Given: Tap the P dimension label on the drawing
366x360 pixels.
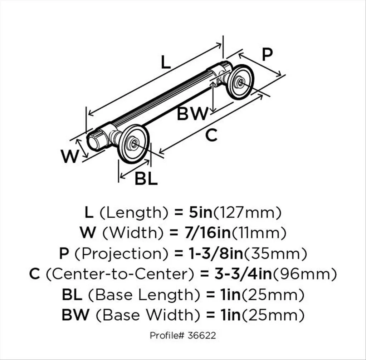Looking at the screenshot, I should click(267, 54).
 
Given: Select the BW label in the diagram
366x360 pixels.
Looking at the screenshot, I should click(192, 114).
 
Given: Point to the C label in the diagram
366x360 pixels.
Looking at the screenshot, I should click(211, 135).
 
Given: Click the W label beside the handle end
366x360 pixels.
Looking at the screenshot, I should click(69, 157).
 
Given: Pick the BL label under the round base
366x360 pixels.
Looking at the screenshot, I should click(146, 179).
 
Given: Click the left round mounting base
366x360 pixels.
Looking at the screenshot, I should click(133, 143).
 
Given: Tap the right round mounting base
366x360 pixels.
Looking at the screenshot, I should click(240, 82).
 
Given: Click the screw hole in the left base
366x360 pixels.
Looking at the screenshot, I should click(134, 143).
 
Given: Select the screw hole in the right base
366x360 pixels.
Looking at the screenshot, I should click(240, 82).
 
